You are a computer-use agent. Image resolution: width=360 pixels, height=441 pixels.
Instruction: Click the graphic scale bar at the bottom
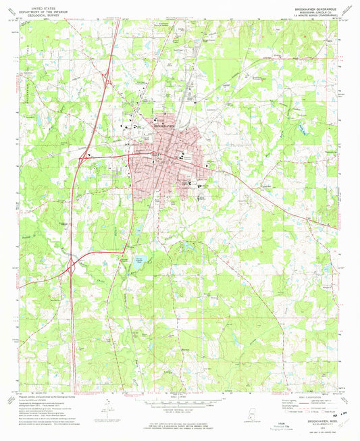pos(180,403)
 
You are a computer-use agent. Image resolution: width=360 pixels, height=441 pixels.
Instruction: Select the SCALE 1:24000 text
pos(180,396)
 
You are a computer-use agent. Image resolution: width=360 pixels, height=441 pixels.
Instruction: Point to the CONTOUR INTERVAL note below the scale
pos(180,409)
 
